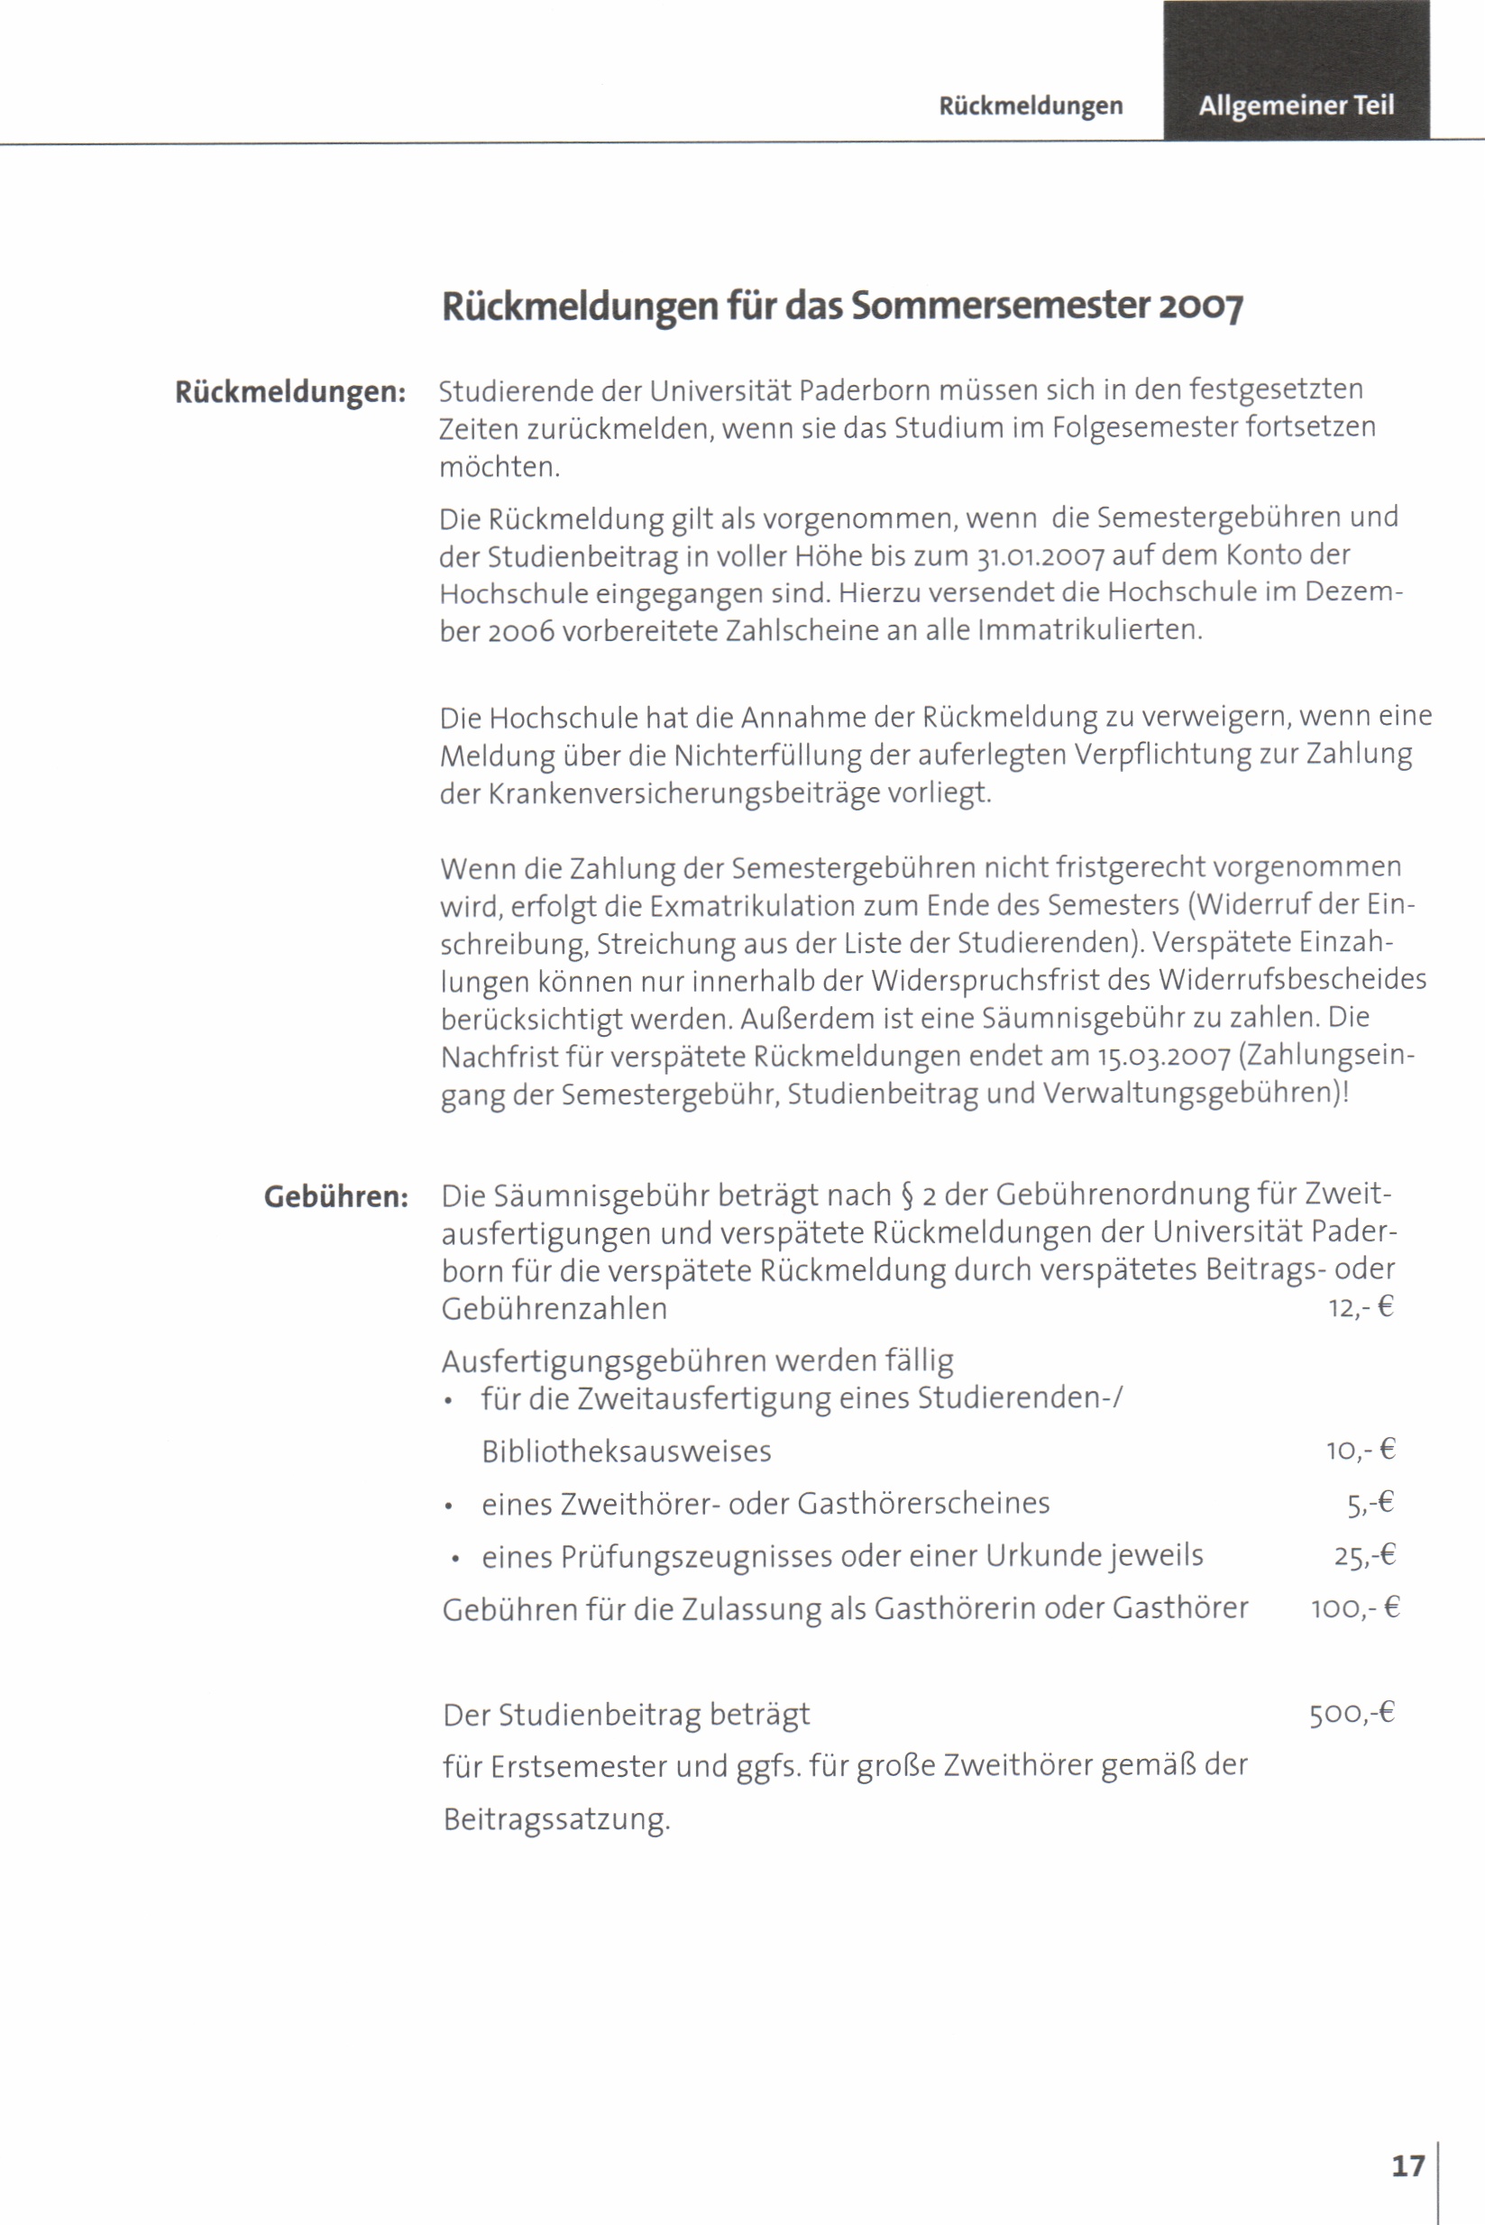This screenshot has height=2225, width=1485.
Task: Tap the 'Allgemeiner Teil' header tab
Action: [1296, 105]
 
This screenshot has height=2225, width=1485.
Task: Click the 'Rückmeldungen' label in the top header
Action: [1031, 106]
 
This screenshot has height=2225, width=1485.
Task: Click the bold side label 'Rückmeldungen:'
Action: [290, 392]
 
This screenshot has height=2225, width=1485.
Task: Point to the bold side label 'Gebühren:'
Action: [336, 1196]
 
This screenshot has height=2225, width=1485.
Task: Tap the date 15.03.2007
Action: [1164, 1056]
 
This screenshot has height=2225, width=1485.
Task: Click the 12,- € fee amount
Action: [1361, 1308]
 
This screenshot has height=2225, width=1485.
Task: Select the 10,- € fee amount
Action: [1361, 1451]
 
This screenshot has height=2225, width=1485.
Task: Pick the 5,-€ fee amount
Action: [1370, 1504]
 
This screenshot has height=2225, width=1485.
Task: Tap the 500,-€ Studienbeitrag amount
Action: [1352, 1714]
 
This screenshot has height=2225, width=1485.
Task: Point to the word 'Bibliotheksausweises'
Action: [626, 1451]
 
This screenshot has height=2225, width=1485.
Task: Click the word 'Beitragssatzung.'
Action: [557, 1818]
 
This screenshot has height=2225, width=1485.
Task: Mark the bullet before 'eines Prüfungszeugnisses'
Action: [455, 1559]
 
